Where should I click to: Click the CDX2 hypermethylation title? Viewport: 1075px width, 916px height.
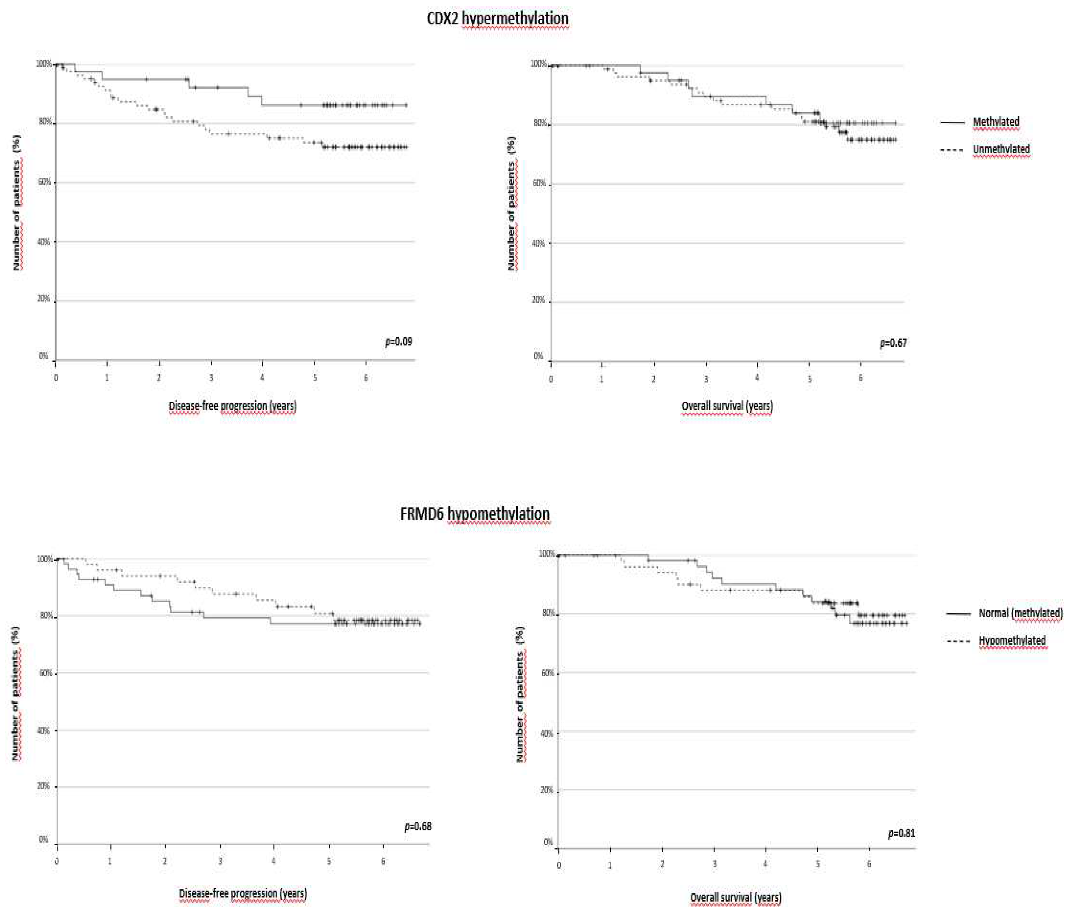click(497, 19)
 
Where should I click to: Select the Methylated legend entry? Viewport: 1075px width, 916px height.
click(995, 122)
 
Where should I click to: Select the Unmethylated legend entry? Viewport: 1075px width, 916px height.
click(1001, 149)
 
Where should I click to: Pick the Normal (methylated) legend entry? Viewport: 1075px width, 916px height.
click(1020, 613)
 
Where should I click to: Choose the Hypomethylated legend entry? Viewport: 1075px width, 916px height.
click(1012, 640)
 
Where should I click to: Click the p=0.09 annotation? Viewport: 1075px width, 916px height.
click(398, 342)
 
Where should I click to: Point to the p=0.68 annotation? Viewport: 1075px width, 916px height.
click(418, 826)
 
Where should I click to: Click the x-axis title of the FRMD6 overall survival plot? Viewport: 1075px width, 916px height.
click(735, 897)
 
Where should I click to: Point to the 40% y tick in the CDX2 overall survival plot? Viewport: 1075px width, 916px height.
click(539, 243)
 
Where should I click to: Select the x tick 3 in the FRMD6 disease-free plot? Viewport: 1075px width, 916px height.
click(220, 861)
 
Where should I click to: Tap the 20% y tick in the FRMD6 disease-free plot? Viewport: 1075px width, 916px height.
click(44, 786)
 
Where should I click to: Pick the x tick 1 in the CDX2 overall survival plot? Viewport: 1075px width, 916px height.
click(602, 379)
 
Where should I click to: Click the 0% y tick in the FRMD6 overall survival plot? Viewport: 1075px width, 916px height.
click(548, 842)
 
